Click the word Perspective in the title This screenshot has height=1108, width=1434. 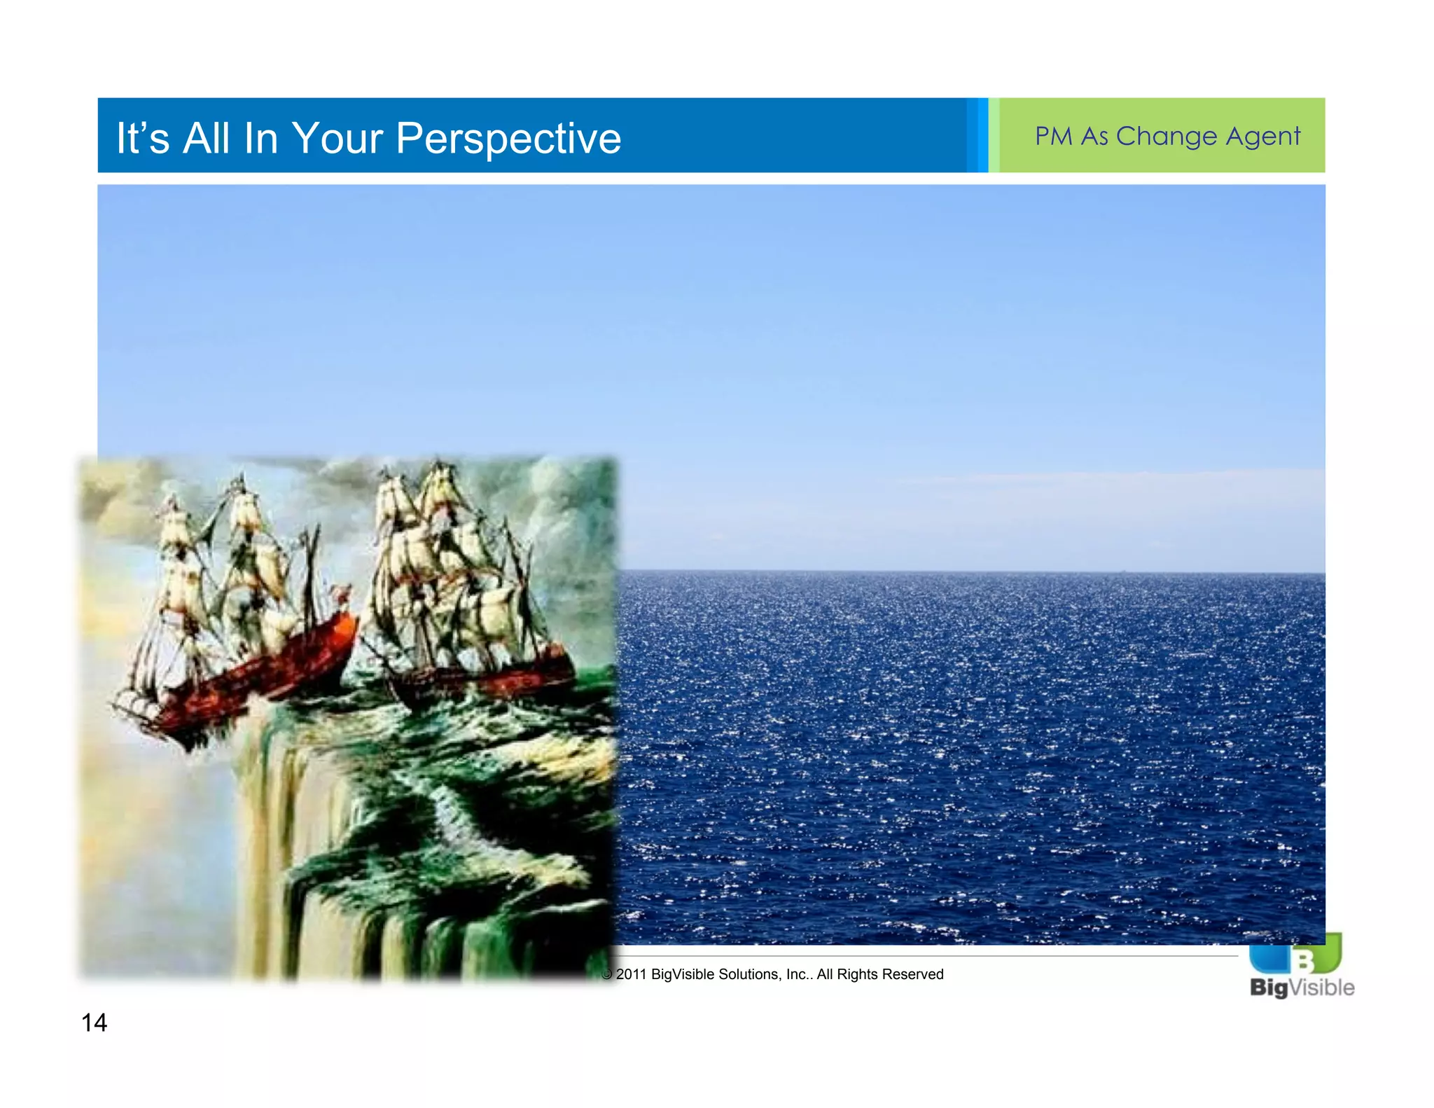pyautogui.click(x=508, y=138)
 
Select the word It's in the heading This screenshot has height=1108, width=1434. pyautogui.click(x=143, y=137)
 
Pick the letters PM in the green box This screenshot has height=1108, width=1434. pyautogui.click(x=1054, y=136)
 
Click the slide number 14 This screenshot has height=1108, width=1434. pyautogui.click(x=94, y=1023)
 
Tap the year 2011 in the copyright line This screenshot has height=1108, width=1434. pyautogui.click(x=631, y=974)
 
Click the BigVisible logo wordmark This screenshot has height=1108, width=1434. pyautogui.click(x=1302, y=988)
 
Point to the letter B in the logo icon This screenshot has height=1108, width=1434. pyautogui.click(x=1304, y=960)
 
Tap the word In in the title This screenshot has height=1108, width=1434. pyautogui.click(x=260, y=137)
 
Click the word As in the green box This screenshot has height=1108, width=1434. pyautogui.click(x=1094, y=136)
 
